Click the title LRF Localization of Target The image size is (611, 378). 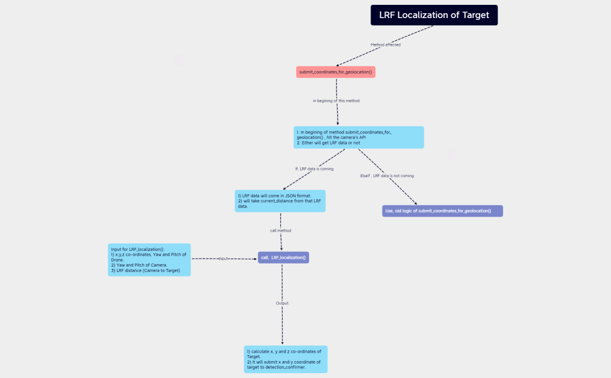(x=434, y=15)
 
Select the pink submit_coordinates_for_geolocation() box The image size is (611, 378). (x=336, y=72)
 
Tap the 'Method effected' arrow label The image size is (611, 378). (x=385, y=45)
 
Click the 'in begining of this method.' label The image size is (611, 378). (x=336, y=101)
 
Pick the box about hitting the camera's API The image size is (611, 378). (x=359, y=137)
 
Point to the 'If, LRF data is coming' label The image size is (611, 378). (x=314, y=169)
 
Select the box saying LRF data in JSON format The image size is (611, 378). (x=280, y=201)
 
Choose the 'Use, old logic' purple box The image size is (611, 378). (x=442, y=211)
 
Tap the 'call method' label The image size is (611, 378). (x=280, y=231)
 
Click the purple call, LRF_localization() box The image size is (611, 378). (x=283, y=258)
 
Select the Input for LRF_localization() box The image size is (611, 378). (x=149, y=260)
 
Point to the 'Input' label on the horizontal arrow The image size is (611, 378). (x=223, y=258)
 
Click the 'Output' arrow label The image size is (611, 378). (x=282, y=303)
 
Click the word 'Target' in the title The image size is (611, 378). (x=475, y=15)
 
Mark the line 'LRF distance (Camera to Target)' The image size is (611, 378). (x=146, y=270)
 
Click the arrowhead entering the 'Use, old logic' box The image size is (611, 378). (x=415, y=203)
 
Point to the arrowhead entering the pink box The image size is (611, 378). (x=339, y=65)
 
